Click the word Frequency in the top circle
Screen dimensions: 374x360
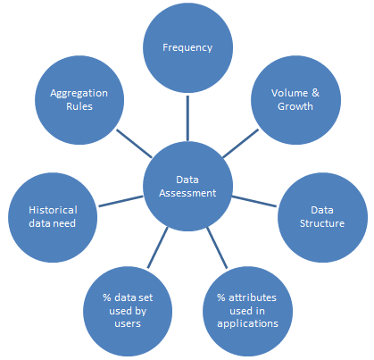coord(187,48)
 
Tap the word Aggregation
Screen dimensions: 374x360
coord(79,94)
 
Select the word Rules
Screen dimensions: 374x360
coord(79,106)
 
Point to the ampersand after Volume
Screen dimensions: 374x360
coord(315,93)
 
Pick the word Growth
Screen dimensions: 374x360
coord(295,106)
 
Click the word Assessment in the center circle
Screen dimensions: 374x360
coord(187,193)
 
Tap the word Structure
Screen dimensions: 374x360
coord(322,223)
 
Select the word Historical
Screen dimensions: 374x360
coord(53,210)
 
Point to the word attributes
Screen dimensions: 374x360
coord(253,297)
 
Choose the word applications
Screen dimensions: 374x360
coord(247,323)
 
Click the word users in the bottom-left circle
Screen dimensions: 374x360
coord(128,323)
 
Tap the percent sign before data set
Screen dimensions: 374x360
coord(107,297)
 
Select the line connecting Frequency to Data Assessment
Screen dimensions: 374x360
coord(187,118)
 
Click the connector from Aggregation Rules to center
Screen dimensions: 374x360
coord(134,143)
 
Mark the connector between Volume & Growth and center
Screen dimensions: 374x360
coord(240,143)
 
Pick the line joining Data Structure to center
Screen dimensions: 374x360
coord(254,201)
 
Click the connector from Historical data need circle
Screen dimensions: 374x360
coord(121,201)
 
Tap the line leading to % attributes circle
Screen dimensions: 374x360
coord(217,247)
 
